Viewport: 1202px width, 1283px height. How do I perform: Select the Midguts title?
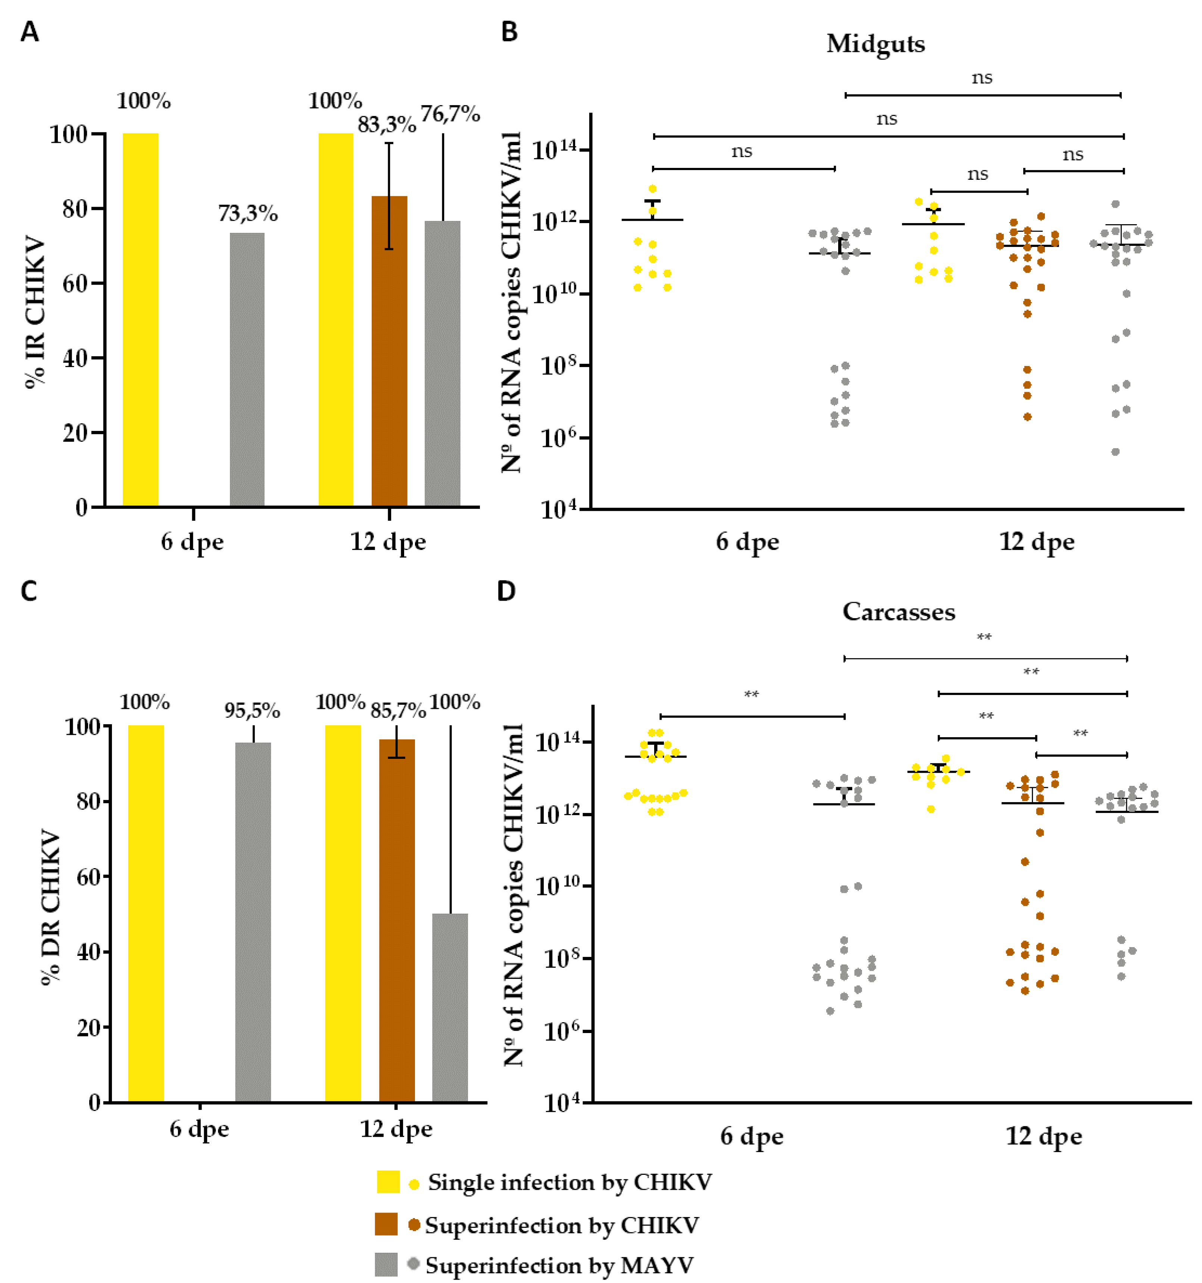point(875,44)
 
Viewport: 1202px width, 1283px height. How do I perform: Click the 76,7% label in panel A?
point(450,114)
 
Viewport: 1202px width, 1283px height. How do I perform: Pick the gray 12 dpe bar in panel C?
point(450,1007)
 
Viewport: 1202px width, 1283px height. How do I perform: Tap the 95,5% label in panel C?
point(252,711)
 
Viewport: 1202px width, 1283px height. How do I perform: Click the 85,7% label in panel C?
point(398,711)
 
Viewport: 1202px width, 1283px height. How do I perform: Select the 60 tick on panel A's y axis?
point(75,283)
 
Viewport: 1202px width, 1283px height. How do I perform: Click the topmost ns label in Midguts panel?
point(982,78)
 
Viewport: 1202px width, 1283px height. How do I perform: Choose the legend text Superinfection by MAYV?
point(559,1265)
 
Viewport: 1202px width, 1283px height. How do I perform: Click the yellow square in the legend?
point(388,1182)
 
